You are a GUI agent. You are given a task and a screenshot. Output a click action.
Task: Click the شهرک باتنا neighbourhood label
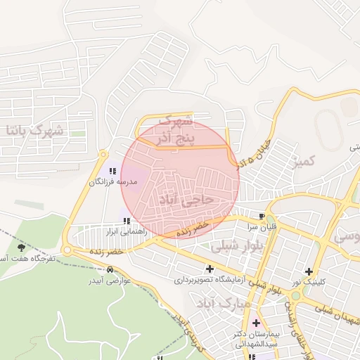pos(34,130)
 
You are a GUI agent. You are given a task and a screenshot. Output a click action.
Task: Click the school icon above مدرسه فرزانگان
pos(112,171)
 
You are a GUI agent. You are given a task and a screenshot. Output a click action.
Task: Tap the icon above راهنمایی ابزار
pos(127,221)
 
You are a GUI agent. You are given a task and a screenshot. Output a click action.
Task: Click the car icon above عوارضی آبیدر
pos(109,269)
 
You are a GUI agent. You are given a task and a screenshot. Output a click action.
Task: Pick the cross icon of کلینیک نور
pos(309,271)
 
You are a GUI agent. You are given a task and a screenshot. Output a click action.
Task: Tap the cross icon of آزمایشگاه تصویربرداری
pos(210,268)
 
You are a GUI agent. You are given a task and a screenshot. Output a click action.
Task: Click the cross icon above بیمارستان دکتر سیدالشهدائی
pos(256,323)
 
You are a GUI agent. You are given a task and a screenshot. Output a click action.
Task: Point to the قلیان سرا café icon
pos(263,216)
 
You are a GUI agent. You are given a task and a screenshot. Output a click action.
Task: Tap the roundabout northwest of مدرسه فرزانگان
pos(104,153)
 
